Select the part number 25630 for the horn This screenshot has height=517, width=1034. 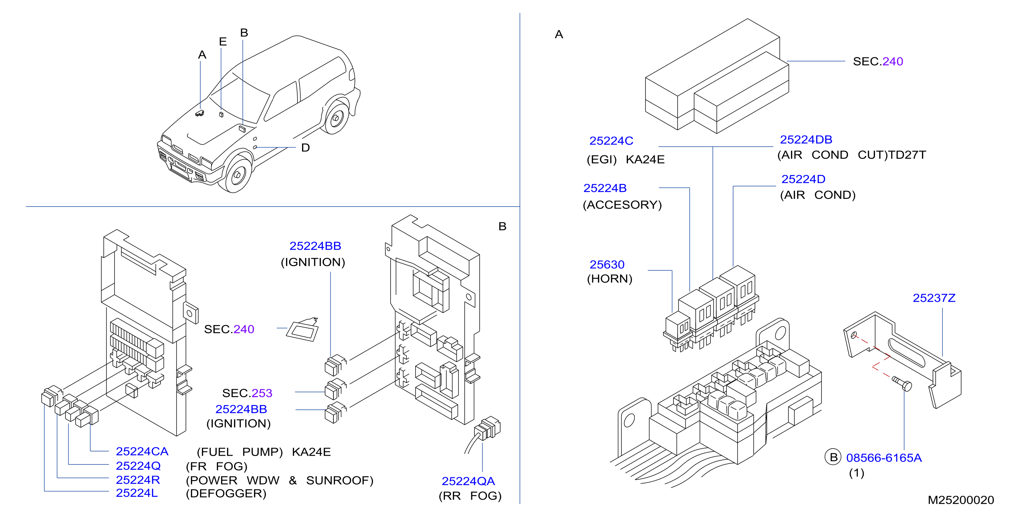pyautogui.click(x=607, y=264)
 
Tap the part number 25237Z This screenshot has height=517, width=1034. pyautogui.click(x=934, y=298)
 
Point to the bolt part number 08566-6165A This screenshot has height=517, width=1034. pyautogui.click(x=883, y=457)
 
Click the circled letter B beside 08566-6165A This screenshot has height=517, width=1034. pyautogui.click(x=833, y=457)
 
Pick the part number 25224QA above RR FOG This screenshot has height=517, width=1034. pyautogui.click(x=468, y=481)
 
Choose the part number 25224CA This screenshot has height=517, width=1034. pyautogui.click(x=142, y=451)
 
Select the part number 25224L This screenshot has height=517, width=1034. pyautogui.click(x=137, y=493)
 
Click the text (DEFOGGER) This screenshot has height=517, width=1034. pyautogui.click(x=226, y=493)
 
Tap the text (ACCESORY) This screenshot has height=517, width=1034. pyautogui.click(x=622, y=205)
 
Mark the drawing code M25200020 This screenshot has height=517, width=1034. pyautogui.click(x=960, y=500)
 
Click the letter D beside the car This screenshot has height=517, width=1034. pyautogui.click(x=306, y=148)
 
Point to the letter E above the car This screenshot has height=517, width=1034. pyautogui.click(x=223, y=41)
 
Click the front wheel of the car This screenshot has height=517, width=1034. pyautogui.click(x=237, y=174)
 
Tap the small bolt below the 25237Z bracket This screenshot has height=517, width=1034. pyautogui.click(x=902, y=383)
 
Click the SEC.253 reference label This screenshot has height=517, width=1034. pyautogui.click(x=247, y=393)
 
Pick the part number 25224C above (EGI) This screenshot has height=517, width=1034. pyautogui.click(x=611, y=140)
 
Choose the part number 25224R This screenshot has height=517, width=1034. pyautogui.click(x=138, y=480)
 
